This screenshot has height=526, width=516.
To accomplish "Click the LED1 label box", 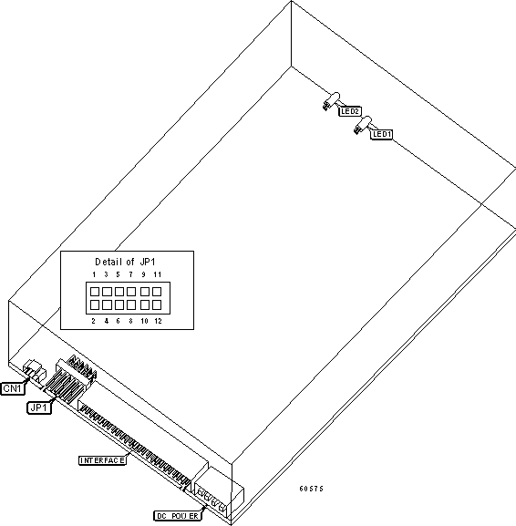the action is [x=382, y=134].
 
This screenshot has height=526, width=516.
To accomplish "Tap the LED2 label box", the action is [x=350, y=111].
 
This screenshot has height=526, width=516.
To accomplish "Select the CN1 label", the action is [x=13, y=388].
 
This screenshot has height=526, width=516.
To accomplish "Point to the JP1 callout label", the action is [x=39, y=407].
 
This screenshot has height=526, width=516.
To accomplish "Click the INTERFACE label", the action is [x=103, y=460].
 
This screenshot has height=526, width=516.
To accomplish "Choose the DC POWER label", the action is [x=178, y=516].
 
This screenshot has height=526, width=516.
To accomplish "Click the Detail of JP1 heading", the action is [x=125, y=262].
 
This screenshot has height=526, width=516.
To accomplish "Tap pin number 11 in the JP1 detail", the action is [x=158, y=274].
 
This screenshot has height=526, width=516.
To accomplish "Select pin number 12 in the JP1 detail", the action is [x=158, y=321].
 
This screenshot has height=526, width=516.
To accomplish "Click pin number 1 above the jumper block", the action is [x=94, y=274].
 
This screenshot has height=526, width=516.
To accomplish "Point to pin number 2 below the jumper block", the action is [x=93, y=321].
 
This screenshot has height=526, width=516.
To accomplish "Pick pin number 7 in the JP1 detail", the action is [x=131, y=274].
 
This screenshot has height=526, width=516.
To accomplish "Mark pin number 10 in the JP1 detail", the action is [x=144, y=321].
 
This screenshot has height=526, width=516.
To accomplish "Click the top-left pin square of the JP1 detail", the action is [x=95, y=292].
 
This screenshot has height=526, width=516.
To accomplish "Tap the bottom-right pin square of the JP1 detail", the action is [x=157, y=304].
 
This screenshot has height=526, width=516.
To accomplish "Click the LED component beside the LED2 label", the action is [x=332, y=100].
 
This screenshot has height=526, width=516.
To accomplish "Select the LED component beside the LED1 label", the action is [x=363, y=125].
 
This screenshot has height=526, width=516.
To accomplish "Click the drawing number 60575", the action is [x=312, y=489].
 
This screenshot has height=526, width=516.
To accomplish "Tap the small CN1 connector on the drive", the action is [x=35, y=370].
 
